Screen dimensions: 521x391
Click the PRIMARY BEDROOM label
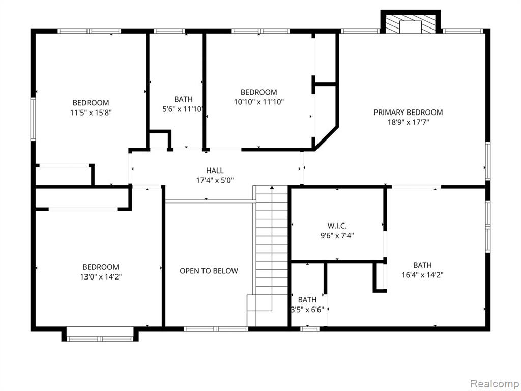click(x=408, y=113)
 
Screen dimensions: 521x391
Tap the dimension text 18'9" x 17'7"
click(x=409, y=122)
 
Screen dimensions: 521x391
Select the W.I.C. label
click(x=337, y=226)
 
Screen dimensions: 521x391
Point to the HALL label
click(x=215, y=171)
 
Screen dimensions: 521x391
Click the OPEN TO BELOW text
click(x=209, y=271)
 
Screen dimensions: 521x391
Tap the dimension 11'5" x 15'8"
click(x=91, y=113)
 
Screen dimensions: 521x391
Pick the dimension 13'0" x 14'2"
click(x=101, y=276)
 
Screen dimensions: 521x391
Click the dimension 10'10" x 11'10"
click(x=259, y=102)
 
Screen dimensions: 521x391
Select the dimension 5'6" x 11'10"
click(x=183, y=109)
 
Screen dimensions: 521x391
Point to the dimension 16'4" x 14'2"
click(x=423, y=275)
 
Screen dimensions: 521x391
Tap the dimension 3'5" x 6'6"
click(x=307, y=310)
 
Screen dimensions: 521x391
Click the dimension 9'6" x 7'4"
click(x=337, y=236)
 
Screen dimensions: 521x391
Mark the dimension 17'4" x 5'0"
click(x=215, y=180)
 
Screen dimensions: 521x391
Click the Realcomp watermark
click(x=494, y=384)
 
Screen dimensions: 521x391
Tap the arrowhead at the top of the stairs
click(x=272, y=187)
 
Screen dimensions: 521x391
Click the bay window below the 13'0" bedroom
click(x=100, y=334)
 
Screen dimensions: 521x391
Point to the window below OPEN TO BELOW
click(x=216, y=329)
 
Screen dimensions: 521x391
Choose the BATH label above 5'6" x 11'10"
click(x=183, y=99)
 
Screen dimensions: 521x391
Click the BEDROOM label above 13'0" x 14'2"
click(x=101, y=267)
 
